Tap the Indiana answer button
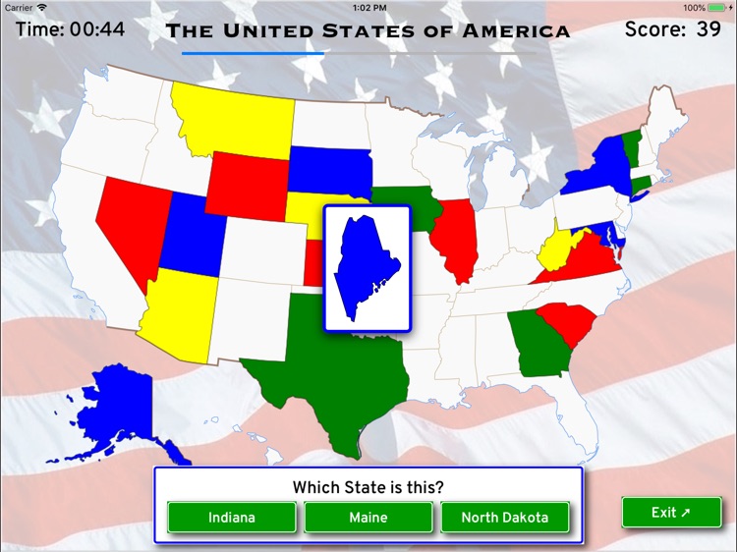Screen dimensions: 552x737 [x=231, y=517]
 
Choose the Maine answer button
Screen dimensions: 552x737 [x=368, y=517]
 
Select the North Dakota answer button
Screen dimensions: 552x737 [x=505, y=517]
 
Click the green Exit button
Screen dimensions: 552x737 [x=671, y=512]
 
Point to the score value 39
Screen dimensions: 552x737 [x=709, y=29]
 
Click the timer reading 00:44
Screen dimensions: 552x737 [x=97, y=29]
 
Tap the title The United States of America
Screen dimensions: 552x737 [x=368, y=30]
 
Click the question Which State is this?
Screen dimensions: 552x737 [x=368, y=487]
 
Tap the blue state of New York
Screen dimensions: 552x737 [x=599, y=167]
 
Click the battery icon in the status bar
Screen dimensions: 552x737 [x=721, y=7]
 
